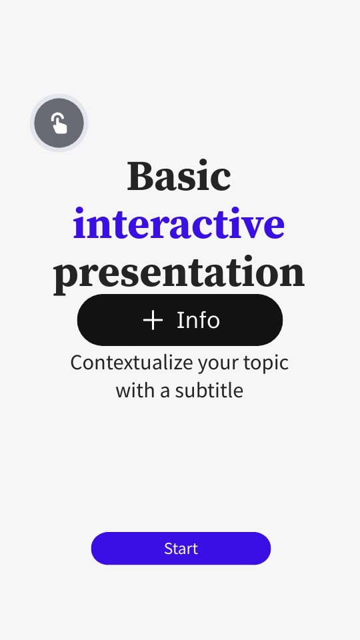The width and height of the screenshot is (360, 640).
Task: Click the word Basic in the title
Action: [x=179, y=176]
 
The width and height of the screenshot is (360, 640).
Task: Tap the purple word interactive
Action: [x=179, y=224]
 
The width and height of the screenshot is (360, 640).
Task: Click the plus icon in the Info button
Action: [x=153, y=320]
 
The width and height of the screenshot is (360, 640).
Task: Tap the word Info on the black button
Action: [x=198, y=320]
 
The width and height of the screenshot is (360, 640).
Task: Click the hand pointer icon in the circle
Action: [x=59, y=123]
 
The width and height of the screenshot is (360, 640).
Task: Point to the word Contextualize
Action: [x=121, y=363]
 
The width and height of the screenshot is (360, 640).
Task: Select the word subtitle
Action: [x=209, y=390]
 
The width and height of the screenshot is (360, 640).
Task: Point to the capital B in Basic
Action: [x=140, y=176]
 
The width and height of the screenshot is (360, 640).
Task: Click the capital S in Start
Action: [x=168, y=549]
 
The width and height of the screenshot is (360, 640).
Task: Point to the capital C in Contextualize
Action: [x=76, y=363]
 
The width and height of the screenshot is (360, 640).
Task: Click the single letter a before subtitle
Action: [x=165, y=391]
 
